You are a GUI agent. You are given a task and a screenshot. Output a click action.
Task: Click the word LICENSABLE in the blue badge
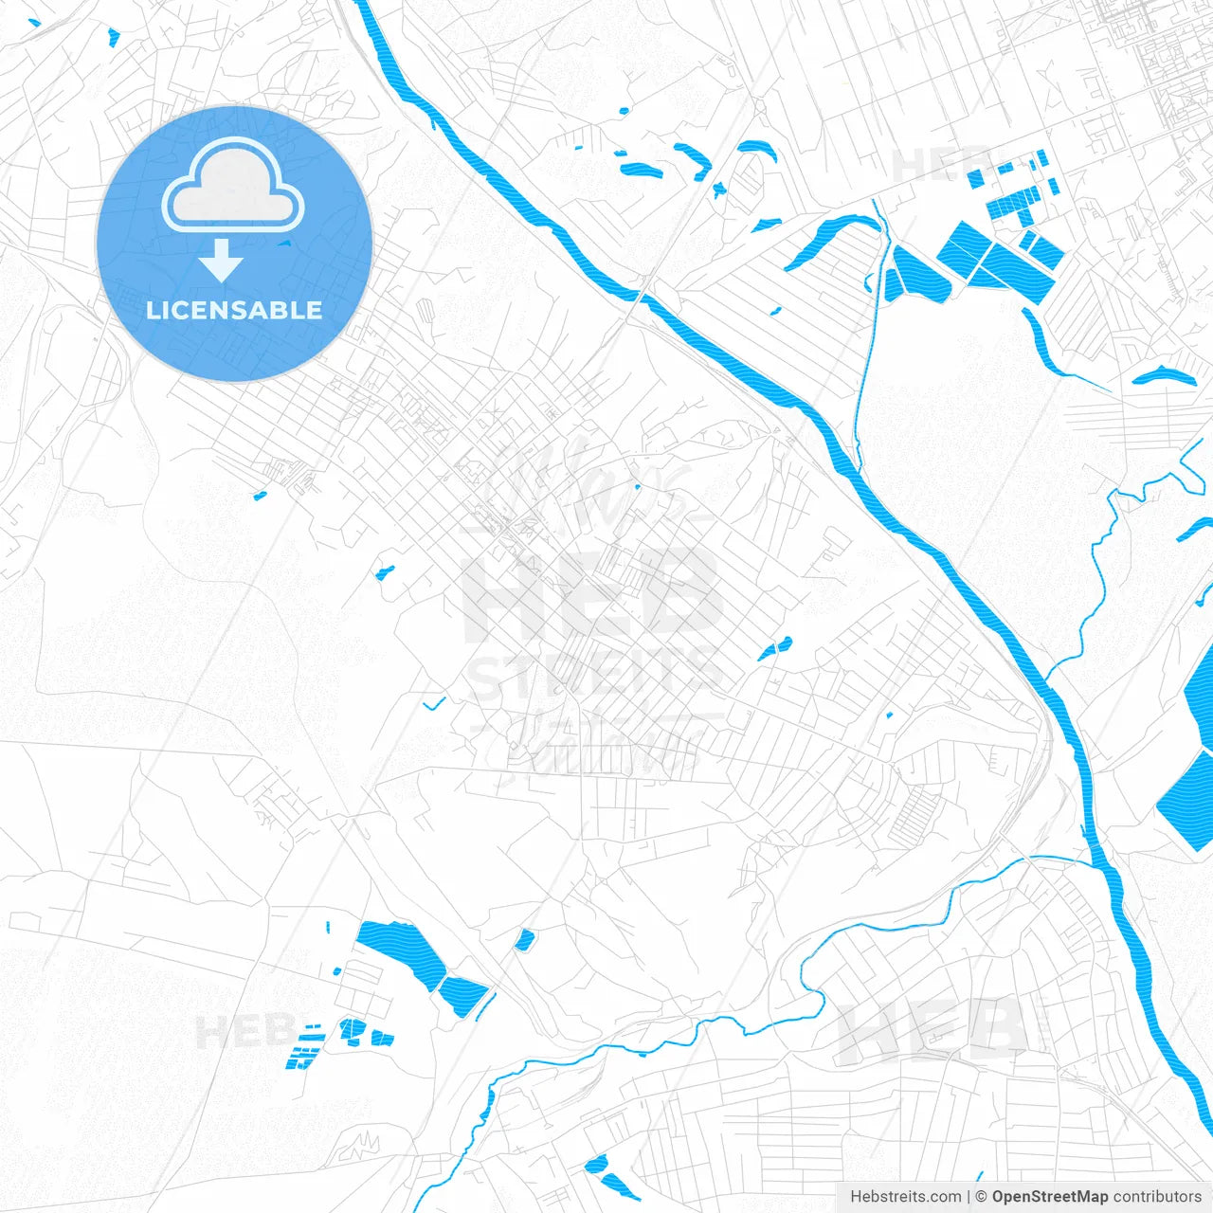[234, 310]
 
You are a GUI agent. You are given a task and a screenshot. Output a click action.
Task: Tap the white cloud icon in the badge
[233, 187]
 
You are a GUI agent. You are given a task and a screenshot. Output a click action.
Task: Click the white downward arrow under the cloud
[222, 261]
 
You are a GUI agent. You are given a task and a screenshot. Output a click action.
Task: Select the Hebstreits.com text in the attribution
[905, 1197]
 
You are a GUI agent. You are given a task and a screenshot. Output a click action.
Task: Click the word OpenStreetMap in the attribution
[1050, 1197]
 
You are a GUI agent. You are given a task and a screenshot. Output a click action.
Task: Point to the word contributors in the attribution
[1157, 1197]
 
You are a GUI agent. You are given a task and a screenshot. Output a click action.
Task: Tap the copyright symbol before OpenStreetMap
[982, 1197]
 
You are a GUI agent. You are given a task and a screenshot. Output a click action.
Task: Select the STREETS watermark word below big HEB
[597, 675]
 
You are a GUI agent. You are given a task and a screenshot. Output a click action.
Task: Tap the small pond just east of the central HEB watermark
[774, 649]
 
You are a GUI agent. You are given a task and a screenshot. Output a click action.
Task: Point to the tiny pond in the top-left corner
[114, 38]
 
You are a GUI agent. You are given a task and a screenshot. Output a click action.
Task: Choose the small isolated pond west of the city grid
[385, 572]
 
